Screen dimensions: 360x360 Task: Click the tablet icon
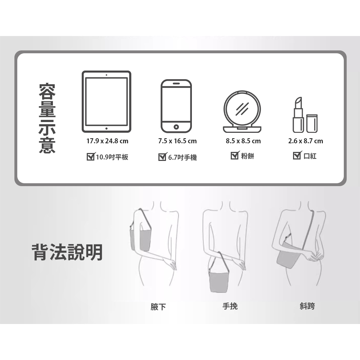tap(106, 102)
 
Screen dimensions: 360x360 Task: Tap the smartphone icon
tap(176, 106)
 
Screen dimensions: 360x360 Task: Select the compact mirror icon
tap(242, 112)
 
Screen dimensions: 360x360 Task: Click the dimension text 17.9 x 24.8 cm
tap(107, 141)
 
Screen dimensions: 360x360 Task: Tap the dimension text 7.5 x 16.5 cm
tap(177, 141)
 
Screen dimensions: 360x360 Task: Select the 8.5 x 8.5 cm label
tap(243, 141)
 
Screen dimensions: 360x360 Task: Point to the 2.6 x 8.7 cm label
tap(306, 141)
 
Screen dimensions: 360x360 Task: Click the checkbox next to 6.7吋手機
tap(163, 157)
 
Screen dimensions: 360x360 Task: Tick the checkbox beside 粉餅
tap(235, 156)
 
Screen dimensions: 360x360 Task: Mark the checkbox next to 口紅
tap(297, 156)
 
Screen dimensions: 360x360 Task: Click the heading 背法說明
tap(67, 252)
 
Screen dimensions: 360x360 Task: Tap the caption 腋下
tap(158, 307)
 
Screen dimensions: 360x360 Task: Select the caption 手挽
tap(230, 306)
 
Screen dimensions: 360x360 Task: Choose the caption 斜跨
tap(307, 306)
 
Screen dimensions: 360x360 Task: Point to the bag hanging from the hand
tap(219, 281)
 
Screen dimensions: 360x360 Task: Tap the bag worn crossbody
tap(287, 256)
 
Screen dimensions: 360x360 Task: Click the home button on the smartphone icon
tap(176, 127)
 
